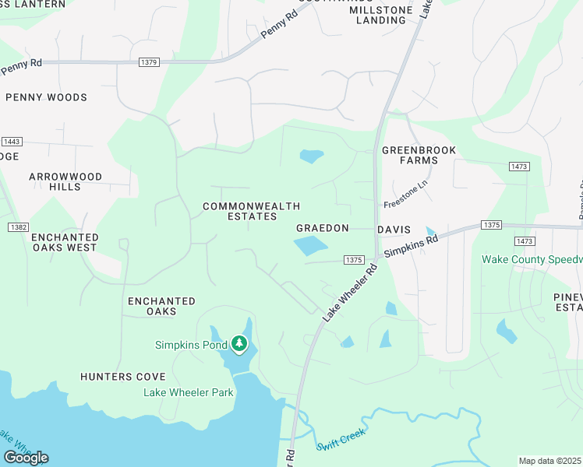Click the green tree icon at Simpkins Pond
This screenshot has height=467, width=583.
click(238, 343)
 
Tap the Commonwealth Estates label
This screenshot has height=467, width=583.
click(240, 211)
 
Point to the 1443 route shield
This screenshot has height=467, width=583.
click(12, 142)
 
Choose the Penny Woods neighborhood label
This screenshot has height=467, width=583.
click(46, 97)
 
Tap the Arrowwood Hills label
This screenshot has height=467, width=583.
click(65, 181)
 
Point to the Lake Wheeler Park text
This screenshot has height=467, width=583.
click(188, 392)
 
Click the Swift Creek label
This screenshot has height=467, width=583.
click(341, 439)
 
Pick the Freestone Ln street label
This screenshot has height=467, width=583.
click(406, 201)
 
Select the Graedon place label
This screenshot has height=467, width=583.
click(322, 229)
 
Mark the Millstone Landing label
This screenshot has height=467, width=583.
click(378, 15)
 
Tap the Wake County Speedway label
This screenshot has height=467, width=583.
click(532, 259)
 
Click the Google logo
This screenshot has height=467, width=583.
click(26, 457)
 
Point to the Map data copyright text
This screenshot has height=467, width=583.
click(549, 461)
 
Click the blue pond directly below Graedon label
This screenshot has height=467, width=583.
click(311, 247)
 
